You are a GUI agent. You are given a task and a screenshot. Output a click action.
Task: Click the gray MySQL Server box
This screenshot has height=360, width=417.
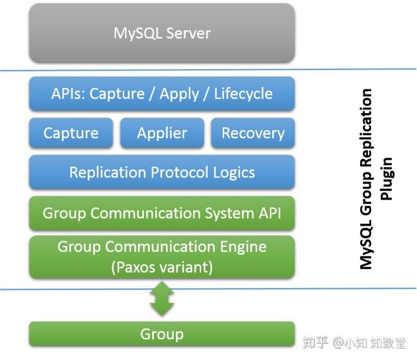click(x=162, y=33)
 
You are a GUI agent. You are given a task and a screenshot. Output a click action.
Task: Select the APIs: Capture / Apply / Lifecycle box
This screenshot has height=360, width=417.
click(x=162, y=94)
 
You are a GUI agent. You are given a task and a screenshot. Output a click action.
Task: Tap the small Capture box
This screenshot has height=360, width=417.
click(x=71, y=133)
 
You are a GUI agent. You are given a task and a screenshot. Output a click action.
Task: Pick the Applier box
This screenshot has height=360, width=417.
click(x=162, y=133)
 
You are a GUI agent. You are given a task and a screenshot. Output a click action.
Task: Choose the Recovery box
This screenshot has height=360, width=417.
click(x=253, y=133)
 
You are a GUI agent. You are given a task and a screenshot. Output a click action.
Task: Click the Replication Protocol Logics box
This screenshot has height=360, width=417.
click(x=162, y=172)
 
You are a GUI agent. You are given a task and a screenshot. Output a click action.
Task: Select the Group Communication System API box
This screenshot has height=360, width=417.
click(x=162, y=213)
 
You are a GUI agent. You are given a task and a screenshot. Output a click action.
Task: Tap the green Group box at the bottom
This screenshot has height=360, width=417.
click(x=162, y=334)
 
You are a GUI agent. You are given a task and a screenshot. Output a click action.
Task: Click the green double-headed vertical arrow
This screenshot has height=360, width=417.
click(x=162, y=299)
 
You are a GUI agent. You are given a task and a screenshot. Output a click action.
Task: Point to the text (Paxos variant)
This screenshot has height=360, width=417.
click(x=162, y=268)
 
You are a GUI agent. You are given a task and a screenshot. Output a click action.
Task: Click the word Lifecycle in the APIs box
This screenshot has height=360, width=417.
click(x=243, y=94)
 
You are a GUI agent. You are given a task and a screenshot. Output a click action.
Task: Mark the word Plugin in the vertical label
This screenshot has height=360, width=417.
click(x=386, y=179)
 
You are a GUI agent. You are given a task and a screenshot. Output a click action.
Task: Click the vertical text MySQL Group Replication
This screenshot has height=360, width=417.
click(x=366, y=179)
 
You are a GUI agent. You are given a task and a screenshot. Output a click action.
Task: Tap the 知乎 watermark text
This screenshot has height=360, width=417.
click(x=315, y=343)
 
